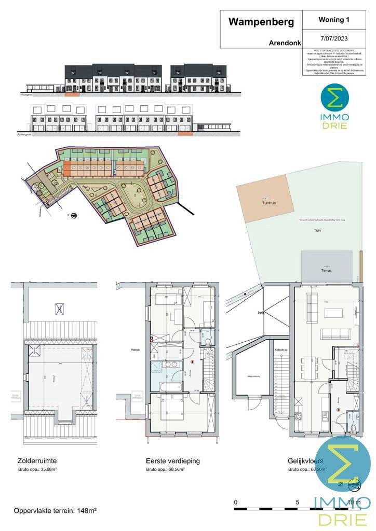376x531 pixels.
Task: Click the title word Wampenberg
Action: (261, 22)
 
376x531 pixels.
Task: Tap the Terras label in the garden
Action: (326, 270)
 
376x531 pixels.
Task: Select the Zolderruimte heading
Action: (37, 460)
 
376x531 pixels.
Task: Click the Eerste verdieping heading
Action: (173, 460)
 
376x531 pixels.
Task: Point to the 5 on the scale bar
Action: (298, 502)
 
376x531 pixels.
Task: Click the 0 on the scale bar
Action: (236, 502)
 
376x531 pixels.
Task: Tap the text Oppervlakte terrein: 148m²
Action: (55, 511)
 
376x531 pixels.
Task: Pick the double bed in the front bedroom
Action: (171, 408)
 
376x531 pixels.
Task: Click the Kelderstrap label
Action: (280, 351)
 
